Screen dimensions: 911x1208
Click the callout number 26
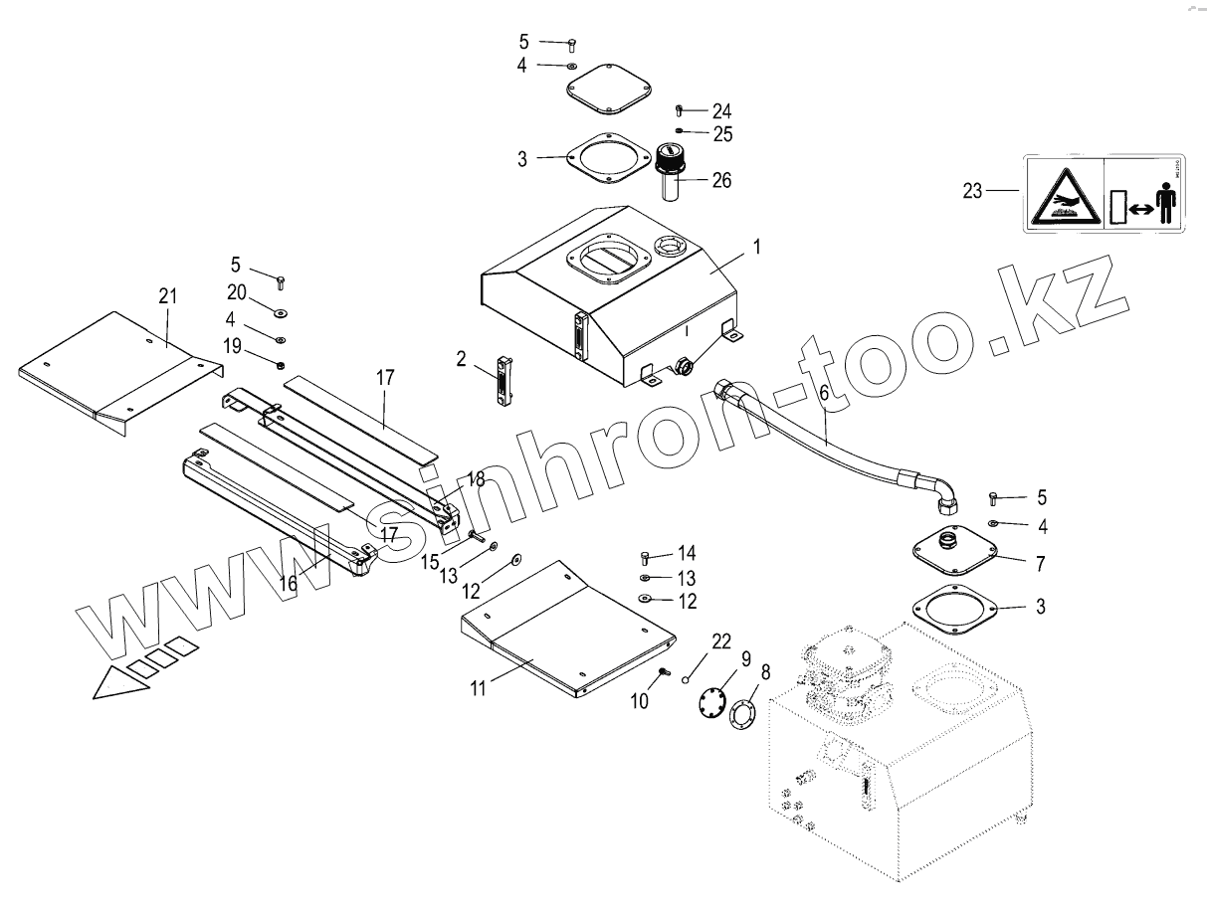(721, 180)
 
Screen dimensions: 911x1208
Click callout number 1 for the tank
(756, 247)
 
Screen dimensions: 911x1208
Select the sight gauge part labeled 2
(503, 383)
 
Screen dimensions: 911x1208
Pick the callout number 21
(167, 295)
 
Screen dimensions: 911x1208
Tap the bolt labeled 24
(680, 109)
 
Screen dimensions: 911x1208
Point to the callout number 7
(1040, 564)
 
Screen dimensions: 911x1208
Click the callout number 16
(288, 584)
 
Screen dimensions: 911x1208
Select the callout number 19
(231, 345)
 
